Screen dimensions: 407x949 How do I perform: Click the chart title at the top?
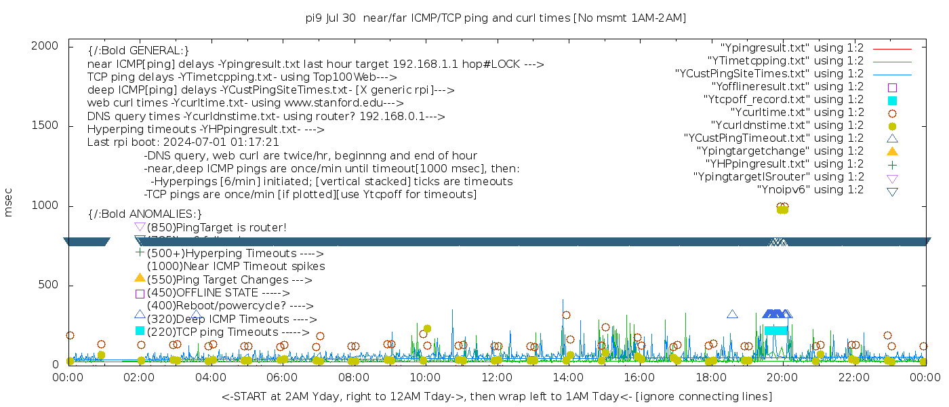(x=496, y=18)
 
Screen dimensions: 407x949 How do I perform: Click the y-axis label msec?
(x=9, y=202)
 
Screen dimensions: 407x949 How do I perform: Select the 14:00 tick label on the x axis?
(x=568, y=377)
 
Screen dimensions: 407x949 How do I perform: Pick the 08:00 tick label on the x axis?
(x=353, y=377)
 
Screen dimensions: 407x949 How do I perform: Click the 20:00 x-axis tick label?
(x=782, y=377)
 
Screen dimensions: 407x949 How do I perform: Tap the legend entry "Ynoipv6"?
(x=810, y=190)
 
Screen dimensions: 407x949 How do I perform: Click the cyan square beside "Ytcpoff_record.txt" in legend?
(x=892, y=100)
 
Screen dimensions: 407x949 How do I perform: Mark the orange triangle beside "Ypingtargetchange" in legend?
(x=892, y=151)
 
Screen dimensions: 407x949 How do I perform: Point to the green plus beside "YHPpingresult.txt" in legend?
(x=892, y=164)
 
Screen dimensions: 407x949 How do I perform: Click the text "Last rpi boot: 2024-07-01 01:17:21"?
(x=183, y=142)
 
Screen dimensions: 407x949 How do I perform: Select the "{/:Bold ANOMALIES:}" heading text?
(x=144, y=214)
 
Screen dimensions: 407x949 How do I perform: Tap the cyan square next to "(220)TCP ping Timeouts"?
(x=140, y=331)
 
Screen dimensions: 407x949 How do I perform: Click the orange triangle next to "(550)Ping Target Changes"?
(x=140, y=277)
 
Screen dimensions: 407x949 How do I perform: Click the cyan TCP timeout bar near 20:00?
(x=776, y=330)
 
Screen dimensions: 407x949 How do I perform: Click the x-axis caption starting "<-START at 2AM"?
(x=496, y=396)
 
